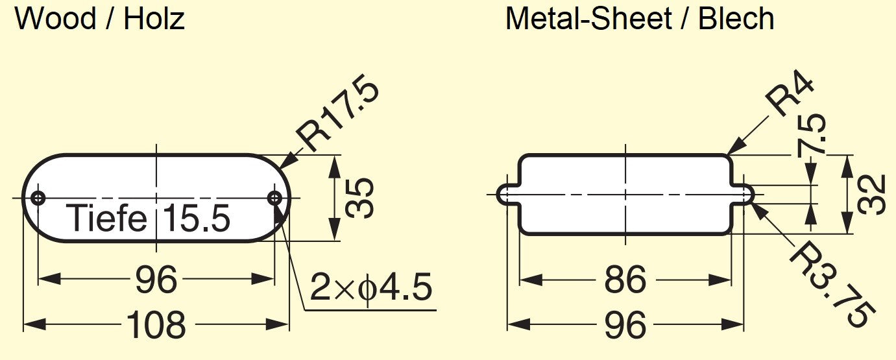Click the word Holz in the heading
(x=154, y=19)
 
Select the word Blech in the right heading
(x=736, y=19)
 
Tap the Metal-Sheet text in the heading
(x=588, y=19)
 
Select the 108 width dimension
(x=156, y=324)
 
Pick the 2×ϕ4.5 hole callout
(x=370, y=287)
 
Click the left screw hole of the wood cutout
(x=38, y=198)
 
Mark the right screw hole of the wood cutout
(x=274, y=198)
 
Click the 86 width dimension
(x=625, y=280)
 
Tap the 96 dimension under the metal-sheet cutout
(x=625, y=324)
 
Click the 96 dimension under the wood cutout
(x=156, y=280)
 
